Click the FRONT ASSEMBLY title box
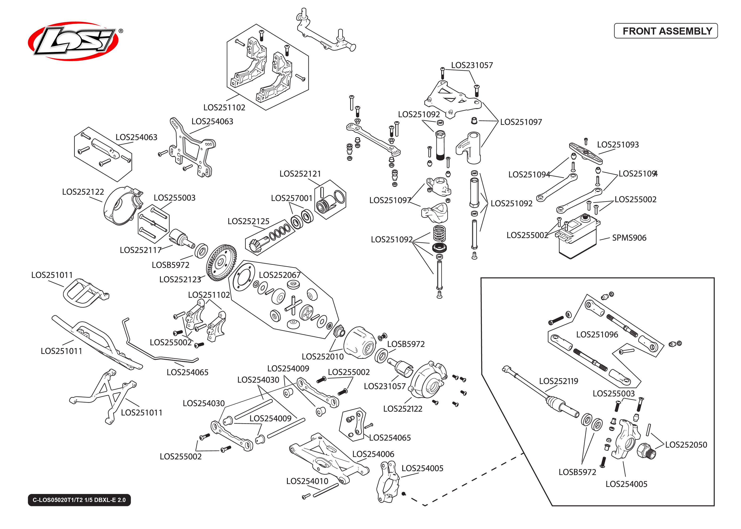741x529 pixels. pyautogui.click(x=666, y=31)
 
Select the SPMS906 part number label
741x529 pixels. pyautogui.click(x=629, y=238)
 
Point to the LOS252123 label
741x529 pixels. pyautogui.click(x=180, y=279)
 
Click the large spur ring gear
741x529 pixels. pyautogui.click(x=222, y=262)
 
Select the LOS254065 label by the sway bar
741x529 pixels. pyautogui.click(x=187, y=372)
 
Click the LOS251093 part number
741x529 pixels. pyautogui.click(x=618, y=145)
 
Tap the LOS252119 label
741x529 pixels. pyautogui.click(x=558, y=381)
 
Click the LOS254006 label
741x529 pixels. pyautogui.click(x=373, y=454)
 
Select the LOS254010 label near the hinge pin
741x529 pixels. pyautogui.click(x=307, y=481)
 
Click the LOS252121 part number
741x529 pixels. pyautogui.click(x=300, y=174)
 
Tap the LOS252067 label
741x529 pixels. pyautogui.click(x=280, y=275)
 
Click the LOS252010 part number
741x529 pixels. pyautogui.click(x=323, y=357)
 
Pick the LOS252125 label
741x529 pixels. pyautogui.click(x=248, y=221)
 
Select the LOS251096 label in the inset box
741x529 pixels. pyautogui.click(x=597, y=335)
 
